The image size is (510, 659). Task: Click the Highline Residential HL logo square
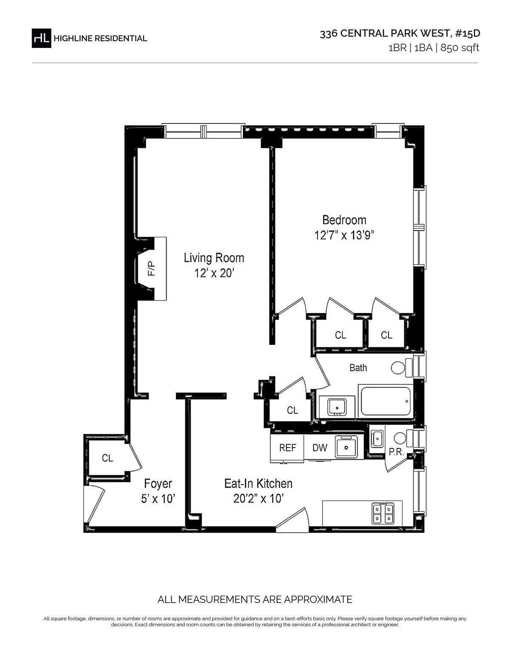point(42,38)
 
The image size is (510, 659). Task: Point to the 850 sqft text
point(459,48)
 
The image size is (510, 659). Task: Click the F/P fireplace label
point(151,268)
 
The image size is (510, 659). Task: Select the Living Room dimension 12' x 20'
point(214,273)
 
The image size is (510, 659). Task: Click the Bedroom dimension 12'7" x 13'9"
point(344,235)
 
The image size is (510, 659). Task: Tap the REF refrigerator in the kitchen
point(287,448)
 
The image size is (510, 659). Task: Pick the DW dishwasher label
point(320,448)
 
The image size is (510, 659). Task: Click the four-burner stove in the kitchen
point(382,513)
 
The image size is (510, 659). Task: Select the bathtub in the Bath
point(385,401)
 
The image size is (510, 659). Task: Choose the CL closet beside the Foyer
point(108,458)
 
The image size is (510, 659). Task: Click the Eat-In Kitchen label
point(258,483)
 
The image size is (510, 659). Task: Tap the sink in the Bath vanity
point(337,406)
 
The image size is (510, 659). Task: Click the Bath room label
point(358,368)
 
